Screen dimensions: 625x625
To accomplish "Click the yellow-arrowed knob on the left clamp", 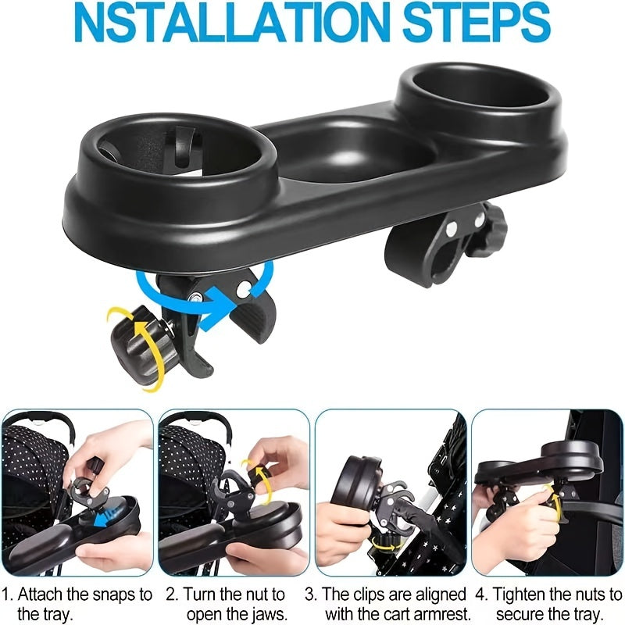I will coord(137,344).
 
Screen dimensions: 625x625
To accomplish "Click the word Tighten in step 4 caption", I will coord(516,595).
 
